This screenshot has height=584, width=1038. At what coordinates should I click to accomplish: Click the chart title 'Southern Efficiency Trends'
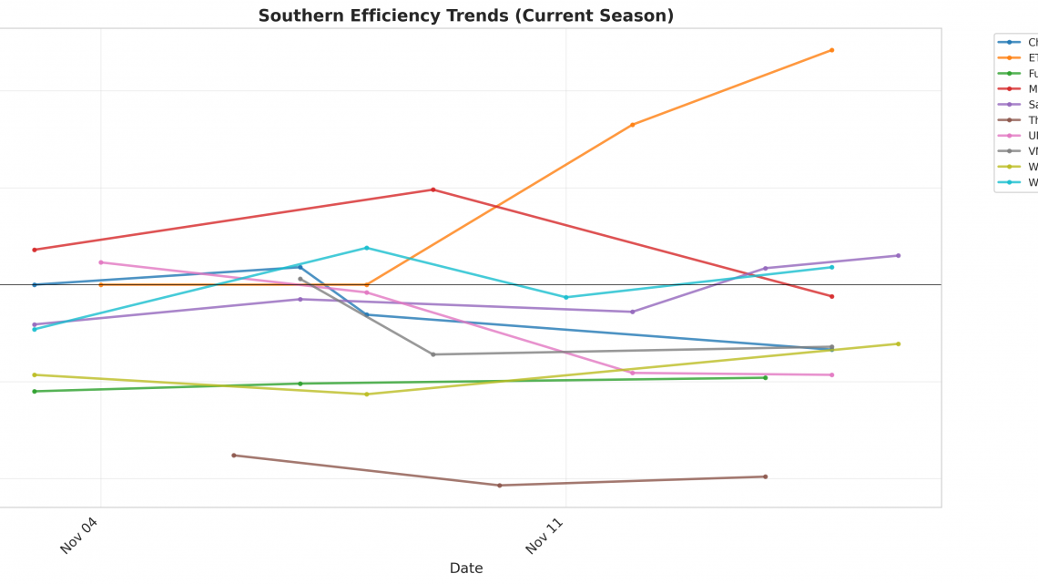point(465,15)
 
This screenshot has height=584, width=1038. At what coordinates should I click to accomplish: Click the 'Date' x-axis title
point(465,568)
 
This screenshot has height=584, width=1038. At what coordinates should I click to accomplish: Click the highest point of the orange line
point(831,50)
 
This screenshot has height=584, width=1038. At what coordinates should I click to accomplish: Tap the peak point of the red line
point(432,190)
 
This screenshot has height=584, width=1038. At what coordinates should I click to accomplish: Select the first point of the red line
point(35,250)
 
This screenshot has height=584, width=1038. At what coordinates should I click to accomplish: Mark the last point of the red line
point(831,296)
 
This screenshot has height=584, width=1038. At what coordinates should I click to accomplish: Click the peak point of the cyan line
point(367,248)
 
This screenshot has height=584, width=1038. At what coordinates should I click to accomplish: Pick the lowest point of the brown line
point(499,486)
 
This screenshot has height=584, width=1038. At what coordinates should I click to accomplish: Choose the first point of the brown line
point(233,456)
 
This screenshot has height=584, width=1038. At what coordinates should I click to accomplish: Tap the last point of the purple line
point(898,255)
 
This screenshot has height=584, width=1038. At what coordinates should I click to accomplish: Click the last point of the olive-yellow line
point(898,343)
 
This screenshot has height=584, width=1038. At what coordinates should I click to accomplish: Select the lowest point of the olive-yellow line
point(367,394)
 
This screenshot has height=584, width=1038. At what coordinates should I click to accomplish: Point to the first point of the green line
point(35,392)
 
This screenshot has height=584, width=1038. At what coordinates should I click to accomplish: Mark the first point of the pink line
point(101,262)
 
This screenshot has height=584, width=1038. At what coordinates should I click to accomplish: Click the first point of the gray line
point(300,279)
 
